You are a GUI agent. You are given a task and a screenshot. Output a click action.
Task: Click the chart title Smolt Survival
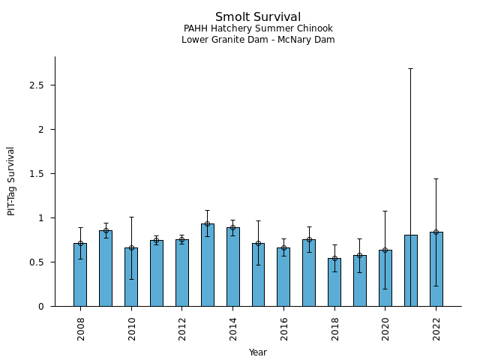(258, 17)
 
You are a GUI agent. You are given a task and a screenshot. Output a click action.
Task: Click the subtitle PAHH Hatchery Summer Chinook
(258, 28)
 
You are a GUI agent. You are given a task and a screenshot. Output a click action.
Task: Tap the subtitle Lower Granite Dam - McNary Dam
(258, 40)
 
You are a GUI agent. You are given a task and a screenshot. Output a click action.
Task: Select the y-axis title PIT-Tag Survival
(11, 181)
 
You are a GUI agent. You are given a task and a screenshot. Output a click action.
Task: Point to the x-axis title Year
(258, 352)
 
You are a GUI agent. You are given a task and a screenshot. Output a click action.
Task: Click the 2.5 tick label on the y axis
(37, 85)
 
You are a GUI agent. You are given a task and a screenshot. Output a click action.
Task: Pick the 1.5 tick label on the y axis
(37, 174)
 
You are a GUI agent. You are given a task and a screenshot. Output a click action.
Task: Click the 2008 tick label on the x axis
(80, 328)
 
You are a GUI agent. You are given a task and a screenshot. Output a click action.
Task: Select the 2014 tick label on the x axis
(233, 328)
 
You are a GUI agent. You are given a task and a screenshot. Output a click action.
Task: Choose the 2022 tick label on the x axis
(436, 328)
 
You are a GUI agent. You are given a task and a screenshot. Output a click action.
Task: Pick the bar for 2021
(411, 271)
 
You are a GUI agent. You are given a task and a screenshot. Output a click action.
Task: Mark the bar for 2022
(436, 269)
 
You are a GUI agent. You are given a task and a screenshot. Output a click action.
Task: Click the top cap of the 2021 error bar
(411, 68)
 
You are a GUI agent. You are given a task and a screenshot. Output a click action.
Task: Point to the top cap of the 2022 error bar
(436, 178)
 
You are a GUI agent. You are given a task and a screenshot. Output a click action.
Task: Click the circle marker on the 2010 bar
(131, 247)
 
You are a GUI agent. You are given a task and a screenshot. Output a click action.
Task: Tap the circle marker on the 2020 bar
(385, 250)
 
